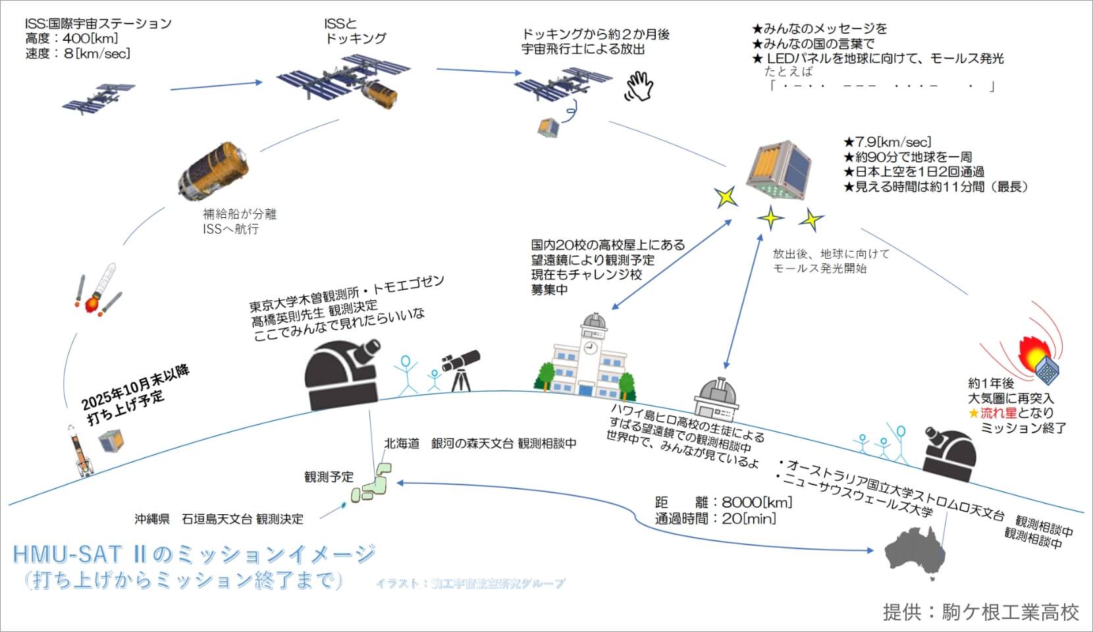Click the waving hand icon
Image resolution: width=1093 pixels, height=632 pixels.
click(638, 86)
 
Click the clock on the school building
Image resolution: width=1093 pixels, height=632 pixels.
click(590, 347)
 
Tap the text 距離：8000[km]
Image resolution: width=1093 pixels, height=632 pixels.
click(724, 502)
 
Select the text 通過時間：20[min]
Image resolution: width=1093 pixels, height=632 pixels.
click(716, 519)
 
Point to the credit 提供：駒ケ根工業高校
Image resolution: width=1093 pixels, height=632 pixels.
click(980, 612)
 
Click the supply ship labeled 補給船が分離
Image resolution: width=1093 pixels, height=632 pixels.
click(213, 168)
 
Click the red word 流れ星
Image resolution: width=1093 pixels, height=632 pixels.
click(998, 413)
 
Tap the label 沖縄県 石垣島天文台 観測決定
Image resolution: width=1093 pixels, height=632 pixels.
click(219, 519)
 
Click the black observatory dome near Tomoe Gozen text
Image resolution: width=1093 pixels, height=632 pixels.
click(340, 375)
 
